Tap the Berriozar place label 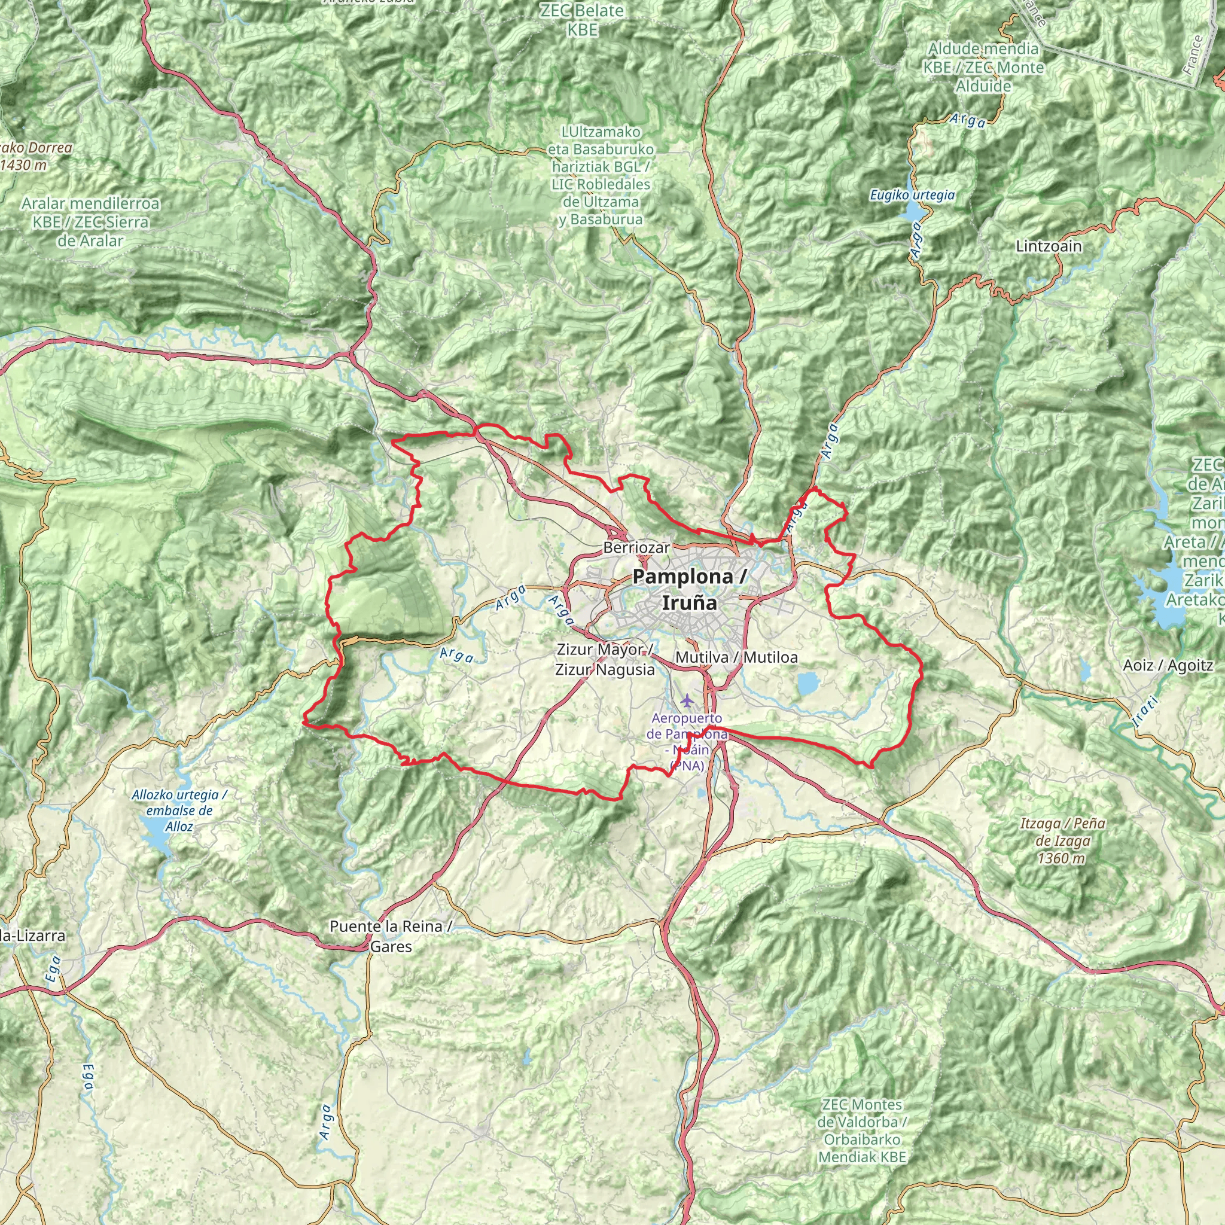pos(636,547)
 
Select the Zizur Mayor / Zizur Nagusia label pos(605,659)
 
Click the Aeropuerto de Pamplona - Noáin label pos(687,741)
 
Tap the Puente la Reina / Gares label pos(391,936)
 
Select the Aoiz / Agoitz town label pos(1168,665)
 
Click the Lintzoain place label pos(1049,246)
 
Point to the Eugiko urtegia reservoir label pos(912,195)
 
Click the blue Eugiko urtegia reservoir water pos(913,212)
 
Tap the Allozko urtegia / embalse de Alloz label pos(179,810)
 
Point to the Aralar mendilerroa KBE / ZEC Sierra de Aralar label pos(90,222)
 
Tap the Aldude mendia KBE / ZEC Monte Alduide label pos(983,67)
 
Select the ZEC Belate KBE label pos(582,20)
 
